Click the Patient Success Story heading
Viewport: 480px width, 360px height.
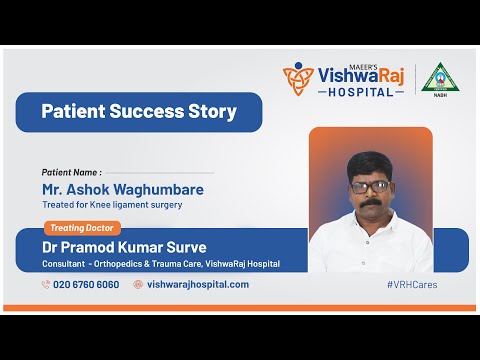point(139,111)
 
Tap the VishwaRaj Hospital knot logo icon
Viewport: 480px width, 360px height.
point(298,78)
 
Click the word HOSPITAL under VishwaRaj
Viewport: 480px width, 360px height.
point(361,91)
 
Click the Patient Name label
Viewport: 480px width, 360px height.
point(71,172)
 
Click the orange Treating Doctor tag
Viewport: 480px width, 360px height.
point(83,228)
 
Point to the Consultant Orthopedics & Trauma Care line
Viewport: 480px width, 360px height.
point(161,264)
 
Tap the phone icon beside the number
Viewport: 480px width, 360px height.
point(46,284)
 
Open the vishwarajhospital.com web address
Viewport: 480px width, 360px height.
point(198,284)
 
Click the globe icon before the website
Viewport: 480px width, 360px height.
point(138,284)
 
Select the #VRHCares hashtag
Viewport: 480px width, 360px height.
point(411,284)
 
